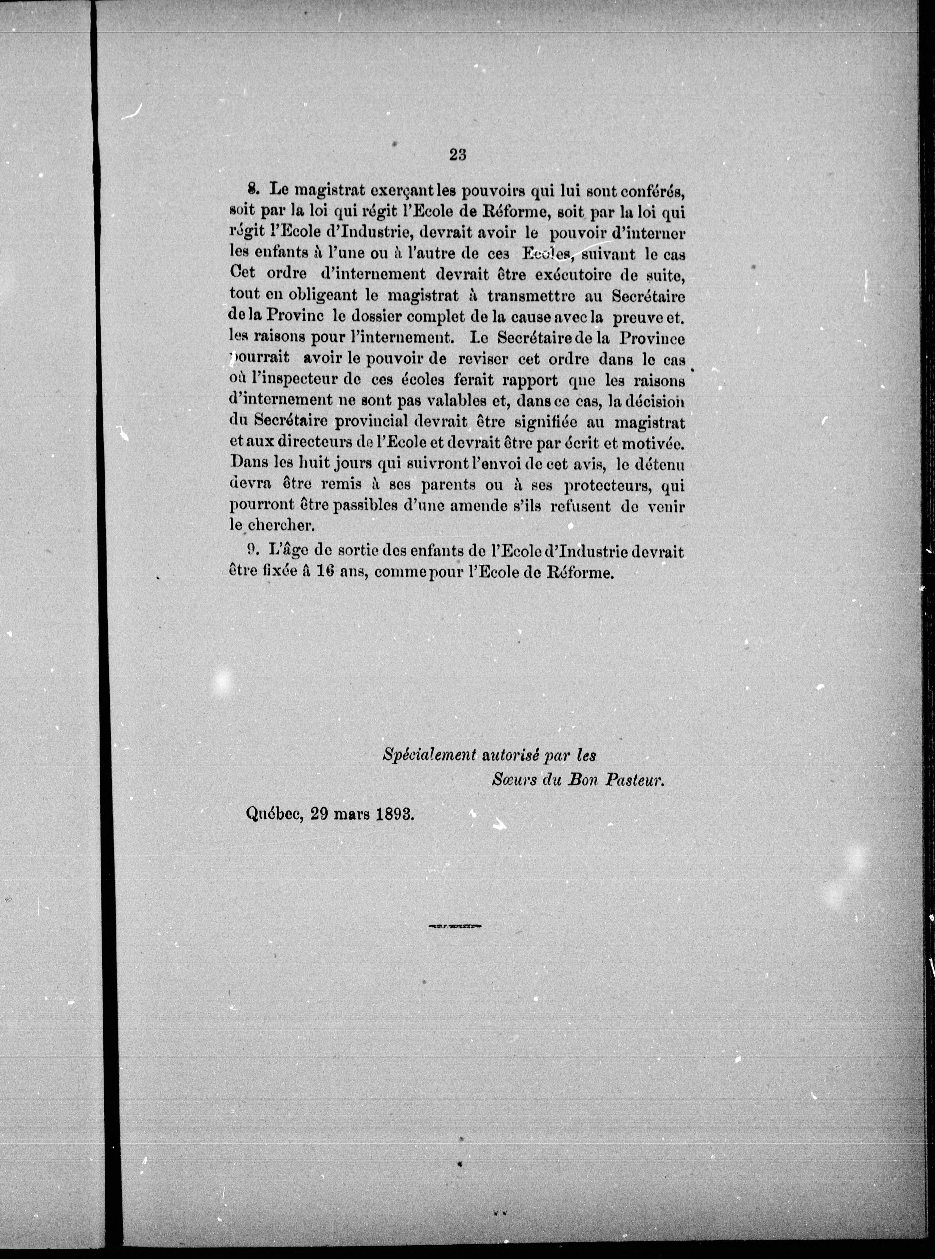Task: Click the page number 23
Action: click(457, 155)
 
